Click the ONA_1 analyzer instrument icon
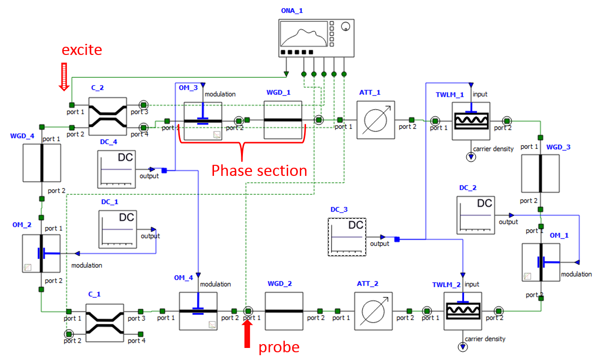tap(316, 38)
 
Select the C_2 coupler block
tap(107, 116)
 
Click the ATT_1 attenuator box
tap(376, 120)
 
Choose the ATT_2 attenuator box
tap(373, 311)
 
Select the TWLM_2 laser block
tap(463, 311)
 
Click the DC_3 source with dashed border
tap(347, 237)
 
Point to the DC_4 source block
tap(116, 169)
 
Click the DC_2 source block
tap(476, 214)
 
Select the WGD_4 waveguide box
tap(42, 162)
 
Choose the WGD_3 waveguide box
tap(540, 173)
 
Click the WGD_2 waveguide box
tap(284, 311)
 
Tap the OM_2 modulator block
tap(41, 253)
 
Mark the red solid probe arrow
tap(247, 333)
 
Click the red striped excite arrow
tap(64, 76)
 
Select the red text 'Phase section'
tap(259, 170)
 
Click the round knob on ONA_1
tap(346, 28)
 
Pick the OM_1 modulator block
tap(541, 262)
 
